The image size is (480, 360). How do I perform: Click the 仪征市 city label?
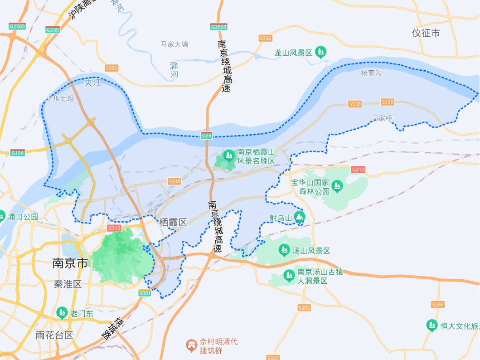click(426, 33)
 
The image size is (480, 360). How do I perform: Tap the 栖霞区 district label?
click(173, 222)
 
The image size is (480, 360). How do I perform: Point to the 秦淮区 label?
click(68, 284)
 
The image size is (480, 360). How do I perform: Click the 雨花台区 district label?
click(54, 335)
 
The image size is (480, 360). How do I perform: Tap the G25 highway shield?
click(207, 136)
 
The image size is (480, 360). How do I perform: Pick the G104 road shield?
click(17, 153)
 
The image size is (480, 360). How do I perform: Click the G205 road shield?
click(53, 30)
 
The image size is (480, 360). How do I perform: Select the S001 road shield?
click(145, 293)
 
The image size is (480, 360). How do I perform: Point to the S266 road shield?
click(438, 304)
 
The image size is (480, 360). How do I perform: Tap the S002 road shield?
click(305, 308)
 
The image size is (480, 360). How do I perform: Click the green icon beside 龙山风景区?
click(321, 52)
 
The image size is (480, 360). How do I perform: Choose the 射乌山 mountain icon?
click(299, 218)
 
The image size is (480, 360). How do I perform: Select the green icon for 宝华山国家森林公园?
click(337, 185)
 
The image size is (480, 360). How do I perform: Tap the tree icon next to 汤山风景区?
click(284, 250)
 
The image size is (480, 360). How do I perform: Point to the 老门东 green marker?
click(62, 312)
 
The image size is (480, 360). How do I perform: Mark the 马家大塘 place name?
click(174, 44)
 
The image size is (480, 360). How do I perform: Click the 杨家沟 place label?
click(371, 73)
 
